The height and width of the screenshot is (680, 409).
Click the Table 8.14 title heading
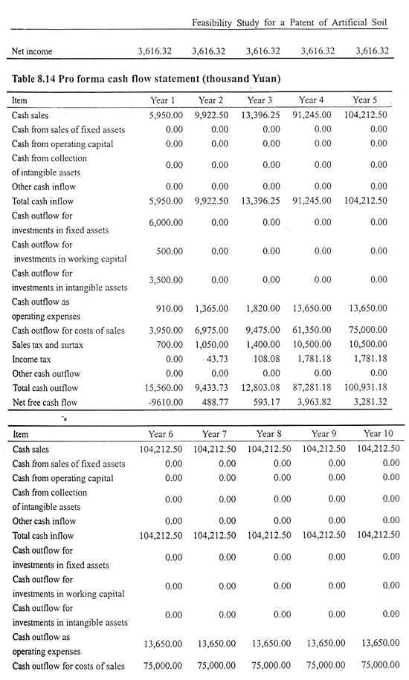pyautogui.click(x=146, y=79)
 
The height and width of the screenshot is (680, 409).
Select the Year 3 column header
pyautogui.click(x=260, y=100)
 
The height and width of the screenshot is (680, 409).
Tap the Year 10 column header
pyautogui.click(x=379, y=433)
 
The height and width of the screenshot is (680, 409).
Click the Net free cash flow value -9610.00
pyautogui.click(x=166, y=402)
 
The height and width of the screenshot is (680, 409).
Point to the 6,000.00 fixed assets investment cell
pyautogui.click(x=166, y=222)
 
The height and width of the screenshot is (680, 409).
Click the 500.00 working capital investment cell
pyautogui.click(x=170, y=251)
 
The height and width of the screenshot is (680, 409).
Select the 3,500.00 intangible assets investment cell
pyautogui.click(x=166, y=279)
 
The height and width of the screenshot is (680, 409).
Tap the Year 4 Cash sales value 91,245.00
pyautogui.click(x=312, y=115)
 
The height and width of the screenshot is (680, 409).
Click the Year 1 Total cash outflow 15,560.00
pyautogui.click(x=164, y=387)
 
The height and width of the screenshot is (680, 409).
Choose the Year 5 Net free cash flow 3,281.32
pyautogui.click(x=370, y=401)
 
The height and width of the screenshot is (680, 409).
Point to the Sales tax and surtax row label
pyautogui.click(x=48, y=345)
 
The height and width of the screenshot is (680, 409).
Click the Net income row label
pyautogui.click(x=32, y=51)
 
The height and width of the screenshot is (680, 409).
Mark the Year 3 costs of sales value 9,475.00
pyautogui.click(x=263, y=330)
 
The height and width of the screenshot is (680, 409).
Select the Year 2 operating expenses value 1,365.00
pyautogui.click(x=212, y=308)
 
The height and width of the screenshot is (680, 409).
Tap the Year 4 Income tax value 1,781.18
pyautogui.click(x=315, y=359)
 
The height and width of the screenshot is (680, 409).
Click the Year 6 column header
pyautogui.click(x=161, y=434)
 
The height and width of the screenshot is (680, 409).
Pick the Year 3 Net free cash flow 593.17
pyautogui.click(x=267, y=402)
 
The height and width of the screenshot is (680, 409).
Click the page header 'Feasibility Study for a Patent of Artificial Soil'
pyautogui.click(x=289, y=22)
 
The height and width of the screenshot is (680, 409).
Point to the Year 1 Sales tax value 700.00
pyautogui.click(x=170, y=344)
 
